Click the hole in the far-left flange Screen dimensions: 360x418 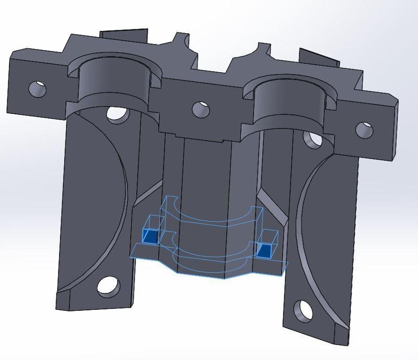pos(37,88)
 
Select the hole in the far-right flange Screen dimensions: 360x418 pos(365,129)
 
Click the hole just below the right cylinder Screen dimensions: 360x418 pos(312,139)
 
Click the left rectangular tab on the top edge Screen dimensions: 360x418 pos(123,36)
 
